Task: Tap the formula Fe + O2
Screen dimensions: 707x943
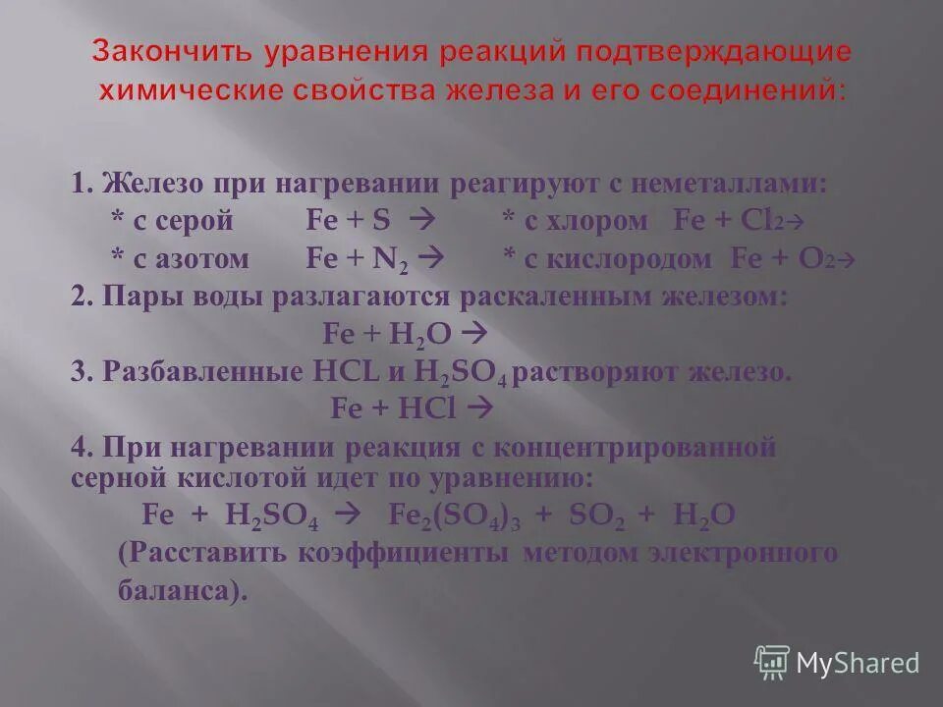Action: (x=785, y=259)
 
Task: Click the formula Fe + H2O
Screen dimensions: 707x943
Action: (x=387, y=334)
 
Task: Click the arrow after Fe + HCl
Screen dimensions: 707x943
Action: (x=480, y=408)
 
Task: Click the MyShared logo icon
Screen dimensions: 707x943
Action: (x=772, y=662)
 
